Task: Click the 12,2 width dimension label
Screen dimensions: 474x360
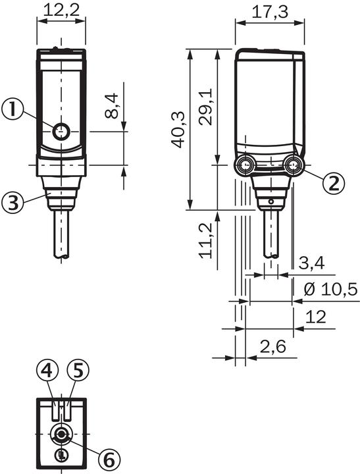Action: [61, 10]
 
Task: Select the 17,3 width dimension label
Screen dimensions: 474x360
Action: [270, 11]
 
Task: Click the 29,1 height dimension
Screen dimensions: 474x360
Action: [206, 107]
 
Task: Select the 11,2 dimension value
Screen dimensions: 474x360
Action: [206, 240]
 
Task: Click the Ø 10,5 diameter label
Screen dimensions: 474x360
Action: [329, 289]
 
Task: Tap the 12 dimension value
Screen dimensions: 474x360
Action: [316, 318]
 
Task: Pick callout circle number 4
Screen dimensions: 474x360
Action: [45, 372]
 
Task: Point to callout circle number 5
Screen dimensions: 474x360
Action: [78, 372]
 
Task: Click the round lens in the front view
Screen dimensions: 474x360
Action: [61, 132]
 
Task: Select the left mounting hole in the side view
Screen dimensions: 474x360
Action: [245, 165]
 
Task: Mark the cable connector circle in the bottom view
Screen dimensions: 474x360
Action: [61, 434]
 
